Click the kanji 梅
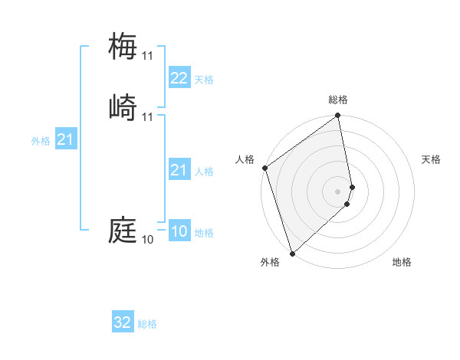click(123, 46)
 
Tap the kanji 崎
click(123, 107)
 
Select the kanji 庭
click(123, 230)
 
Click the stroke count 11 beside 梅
click(147, 56)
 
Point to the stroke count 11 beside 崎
click(147, 117)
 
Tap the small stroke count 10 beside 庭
click(147, 240)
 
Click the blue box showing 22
click(179, 78)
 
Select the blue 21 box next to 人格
click(179, 170)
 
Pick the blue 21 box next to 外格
click(65, 139)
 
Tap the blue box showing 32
click(122, 322)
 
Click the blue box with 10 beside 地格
click(179, 231)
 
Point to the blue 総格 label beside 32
click(147, 324)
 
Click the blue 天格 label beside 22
click(204, 80)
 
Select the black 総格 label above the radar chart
click(338, 100)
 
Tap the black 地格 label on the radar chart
click(402, 262)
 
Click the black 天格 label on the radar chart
click(431, 159)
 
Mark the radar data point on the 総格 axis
click(338, 116)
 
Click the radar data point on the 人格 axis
click(264, 168)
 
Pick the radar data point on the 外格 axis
click(292, 254)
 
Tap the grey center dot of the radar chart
click(338, 191)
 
